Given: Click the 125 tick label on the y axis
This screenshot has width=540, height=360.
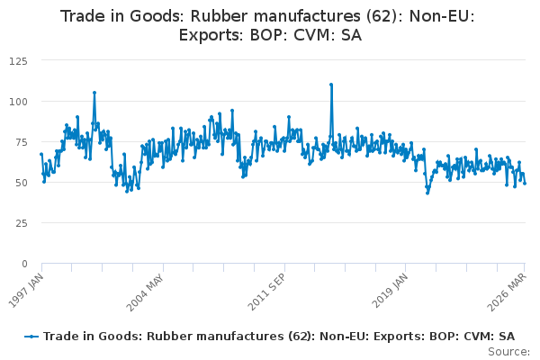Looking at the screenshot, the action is click(18, 61).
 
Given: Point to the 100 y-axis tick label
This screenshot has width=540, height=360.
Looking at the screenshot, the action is click(18, 102).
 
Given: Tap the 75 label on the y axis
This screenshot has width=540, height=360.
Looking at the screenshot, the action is click(21, 142).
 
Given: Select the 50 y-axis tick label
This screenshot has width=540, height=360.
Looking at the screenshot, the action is click(21, 183).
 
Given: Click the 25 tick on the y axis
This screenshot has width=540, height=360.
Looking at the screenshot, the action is click(21, 223).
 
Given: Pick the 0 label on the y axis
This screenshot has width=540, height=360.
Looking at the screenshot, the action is click(24, 264).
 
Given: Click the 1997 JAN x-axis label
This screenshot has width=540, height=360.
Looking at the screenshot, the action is click(26, 291).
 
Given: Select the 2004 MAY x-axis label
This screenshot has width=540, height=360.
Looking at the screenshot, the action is click(145, 292).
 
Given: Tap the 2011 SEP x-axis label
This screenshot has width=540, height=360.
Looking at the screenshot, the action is click(267, 292).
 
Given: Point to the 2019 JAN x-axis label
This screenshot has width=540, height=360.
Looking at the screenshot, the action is click(390, 291).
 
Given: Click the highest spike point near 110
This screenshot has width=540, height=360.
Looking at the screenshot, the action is click(331, 85).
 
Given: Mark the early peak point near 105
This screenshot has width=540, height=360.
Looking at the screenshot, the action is click(94, 93).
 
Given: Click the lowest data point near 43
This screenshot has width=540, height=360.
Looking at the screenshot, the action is click(427, 193).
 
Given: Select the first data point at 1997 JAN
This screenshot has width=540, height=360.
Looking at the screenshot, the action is click(41, 154).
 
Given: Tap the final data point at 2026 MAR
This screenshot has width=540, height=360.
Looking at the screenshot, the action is click(525, 184).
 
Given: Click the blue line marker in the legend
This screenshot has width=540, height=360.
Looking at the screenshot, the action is click(31, 337).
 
